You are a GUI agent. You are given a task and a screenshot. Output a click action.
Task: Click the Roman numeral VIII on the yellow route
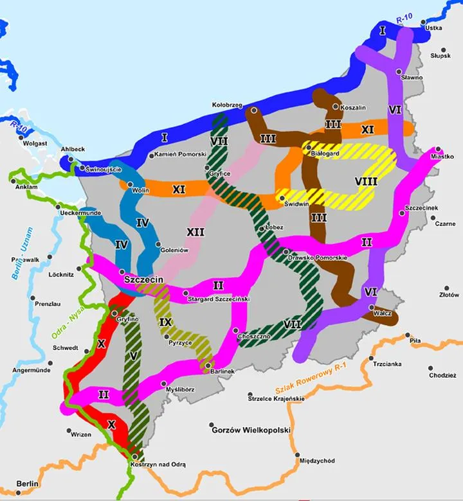click(x=365, y=181)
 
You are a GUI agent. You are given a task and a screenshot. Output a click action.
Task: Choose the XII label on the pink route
click(x=195, y=231)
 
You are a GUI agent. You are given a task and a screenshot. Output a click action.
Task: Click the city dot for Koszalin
click(x=335, y=107)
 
